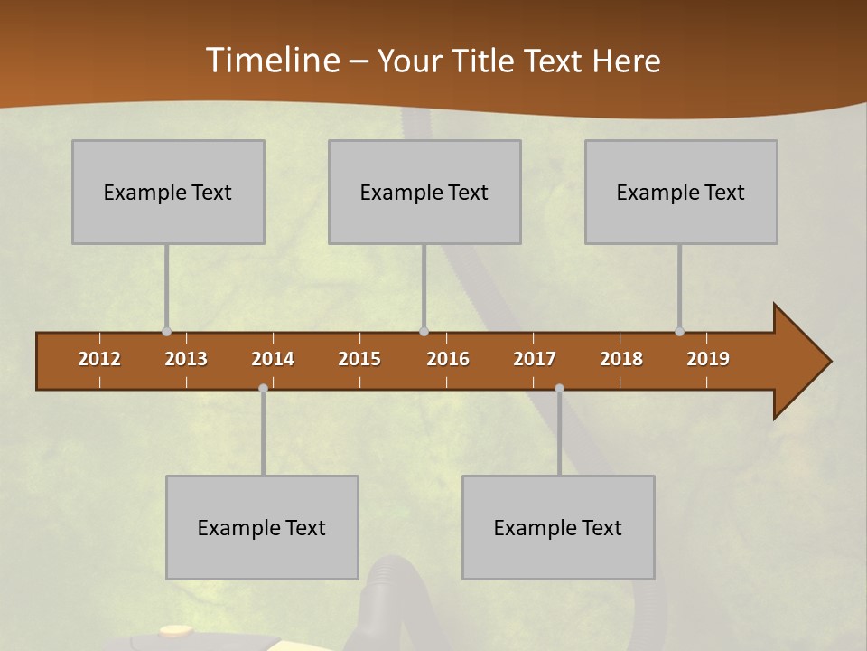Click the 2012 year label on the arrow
[x=99, y=359]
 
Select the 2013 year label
[x=186, y=359]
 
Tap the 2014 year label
[x=273, y=359]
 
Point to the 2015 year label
[x=359, y=359]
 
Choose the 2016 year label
[x=448, y=359]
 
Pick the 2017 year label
[x=535, y=359]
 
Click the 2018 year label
[x=621, y=359]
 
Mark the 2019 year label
[x=708, y=359]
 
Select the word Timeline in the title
[x=272, y=61]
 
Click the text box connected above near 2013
[x=168, y=192]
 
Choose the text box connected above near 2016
[x=424, y=192]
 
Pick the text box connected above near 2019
[x=681, y=192]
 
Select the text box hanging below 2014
[x=262, y=527]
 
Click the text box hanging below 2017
[x=558, y=527]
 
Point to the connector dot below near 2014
[x=263, y=389]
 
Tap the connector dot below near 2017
[x=559, y=389]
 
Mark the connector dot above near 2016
[x=424, y=332]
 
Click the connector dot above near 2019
[x=679, y=332]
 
